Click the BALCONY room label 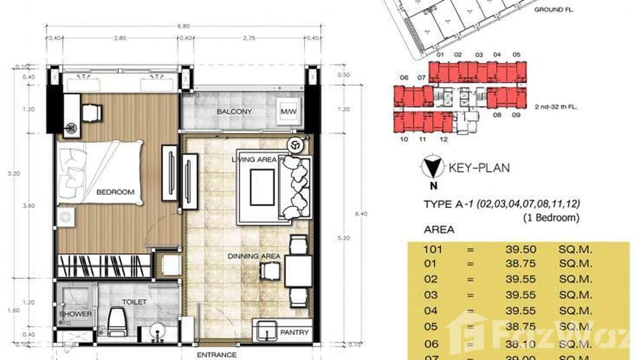tap(234, 112)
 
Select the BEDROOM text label tap(115, 192)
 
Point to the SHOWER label tap(75, 314)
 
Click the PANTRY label tap(294, 332)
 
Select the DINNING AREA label tap(254, 256)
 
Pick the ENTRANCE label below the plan tap(216, 355)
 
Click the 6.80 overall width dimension tap(183, 27)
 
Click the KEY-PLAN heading tap(479, 168)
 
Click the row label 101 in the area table tap(432, 249)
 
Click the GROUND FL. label tap(554, 10)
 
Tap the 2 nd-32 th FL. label tap(556, 107)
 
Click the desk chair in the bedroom tap(91, 113)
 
